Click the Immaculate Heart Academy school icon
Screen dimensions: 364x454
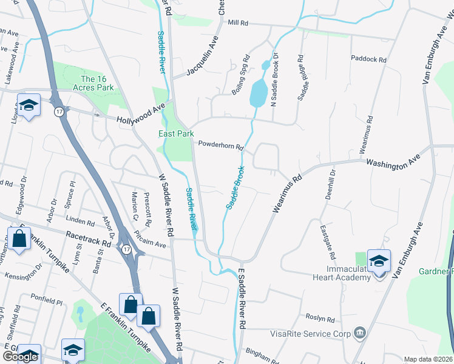point(379,261)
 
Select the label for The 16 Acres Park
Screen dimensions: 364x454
point(97,83)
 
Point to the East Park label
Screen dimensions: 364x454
point(176,133)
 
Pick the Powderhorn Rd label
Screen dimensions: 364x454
point(221,146)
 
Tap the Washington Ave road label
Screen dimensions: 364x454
point(393,161)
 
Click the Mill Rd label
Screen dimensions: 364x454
point(239,23)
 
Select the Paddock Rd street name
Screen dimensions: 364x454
point(368,59)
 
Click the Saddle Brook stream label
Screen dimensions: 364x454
point(235,187)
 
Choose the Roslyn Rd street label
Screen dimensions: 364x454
point(320,318)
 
